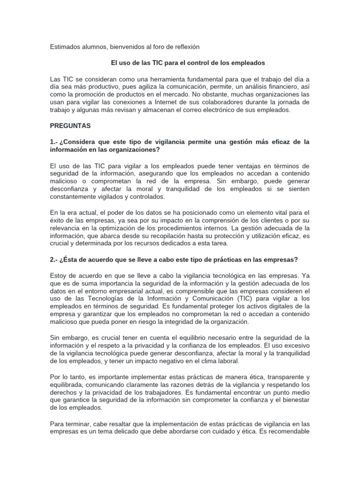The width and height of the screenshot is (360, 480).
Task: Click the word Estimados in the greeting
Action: pos(65,46)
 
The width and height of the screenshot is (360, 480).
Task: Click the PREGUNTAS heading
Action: pos(70,126)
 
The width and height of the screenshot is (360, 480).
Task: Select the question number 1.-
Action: pos(54,142)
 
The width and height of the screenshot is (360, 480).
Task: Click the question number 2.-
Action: pos(54,259)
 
